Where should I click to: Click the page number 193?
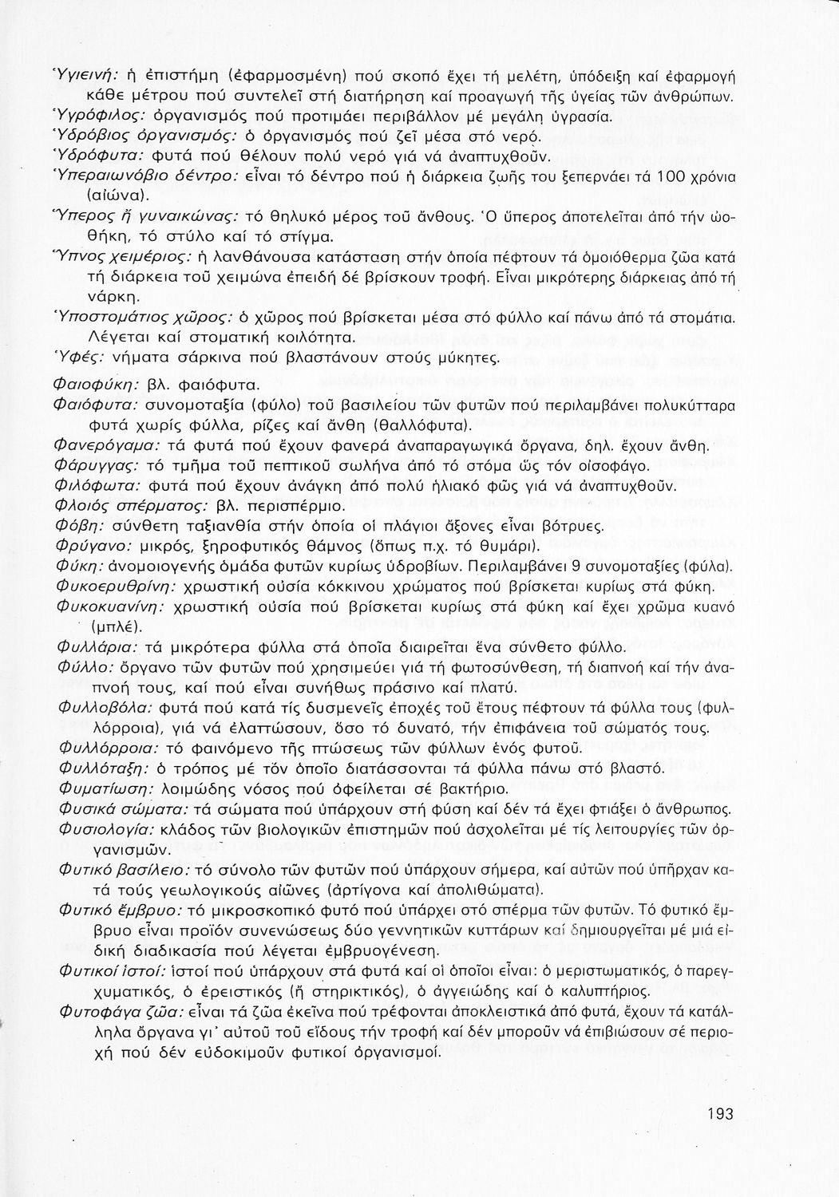(x=719, y=1114)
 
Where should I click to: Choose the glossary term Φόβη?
(x=76, y=526)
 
